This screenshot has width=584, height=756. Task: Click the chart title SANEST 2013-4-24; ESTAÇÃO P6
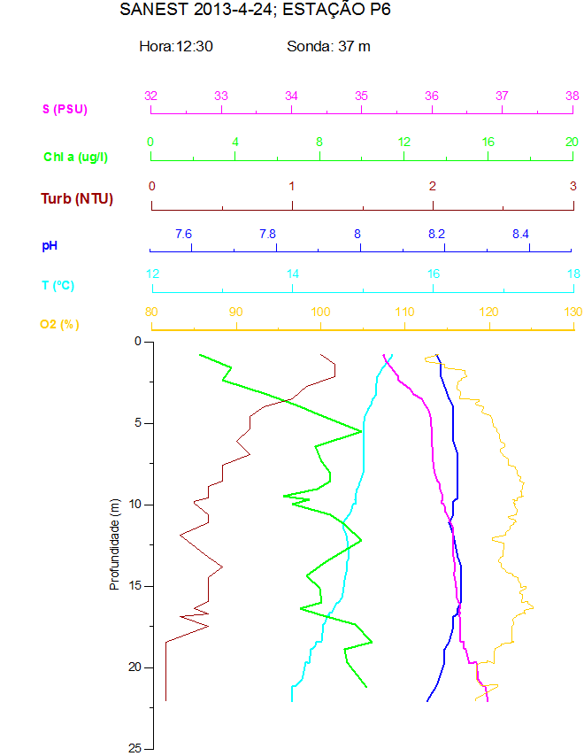click(255, 11)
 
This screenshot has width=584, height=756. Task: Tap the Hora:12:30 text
click(176, 46)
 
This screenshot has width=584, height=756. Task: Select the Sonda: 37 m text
click(328, 46)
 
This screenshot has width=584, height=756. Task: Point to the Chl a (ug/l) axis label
click(76, 157)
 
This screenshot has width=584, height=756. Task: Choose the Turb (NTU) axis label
click(77, 198)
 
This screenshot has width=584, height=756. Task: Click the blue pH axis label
click(51, 244)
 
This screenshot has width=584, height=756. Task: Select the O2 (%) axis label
click(59, 325)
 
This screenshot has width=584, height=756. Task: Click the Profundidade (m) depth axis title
click(115, 544)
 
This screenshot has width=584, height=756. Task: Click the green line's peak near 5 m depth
click(361, 431)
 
